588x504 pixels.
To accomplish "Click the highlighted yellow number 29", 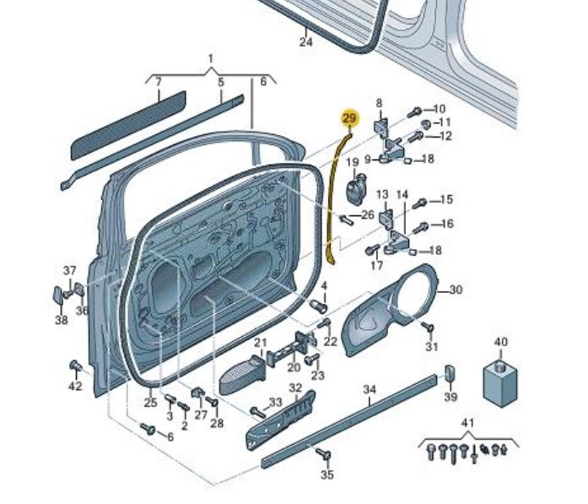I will pyautogui.click(x=349, y=118).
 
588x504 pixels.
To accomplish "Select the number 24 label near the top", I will pyautogui.click(x=305, y=41).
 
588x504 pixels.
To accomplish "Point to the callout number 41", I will pyautogui.click(x=468, y=421).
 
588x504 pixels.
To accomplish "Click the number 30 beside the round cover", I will pyautogui.click(x=456, y=290).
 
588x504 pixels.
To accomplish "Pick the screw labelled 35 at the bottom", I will pyautogui.click(x=321, y=456).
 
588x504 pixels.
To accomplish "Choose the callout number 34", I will pyautogui.click(x=369, y=389).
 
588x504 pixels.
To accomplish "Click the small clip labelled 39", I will pyautogui.click(x=450, y=373).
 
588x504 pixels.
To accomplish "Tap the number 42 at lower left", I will pyautogui.click(x=75, y=386).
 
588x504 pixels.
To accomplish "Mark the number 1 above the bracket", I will pyautogui.click(x=211, y=58).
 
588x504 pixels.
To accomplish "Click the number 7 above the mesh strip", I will pyautogui.click(x=157, y=82).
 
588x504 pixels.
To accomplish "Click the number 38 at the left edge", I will pyautogui.click(x=62, y=320).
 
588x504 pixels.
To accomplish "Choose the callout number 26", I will pyautogui.click(x=367, y=215).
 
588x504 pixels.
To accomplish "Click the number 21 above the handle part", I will pyautogui.click(x=261, y=344).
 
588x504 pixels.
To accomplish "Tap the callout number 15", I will pyautogui.click(x=446, y=200).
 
